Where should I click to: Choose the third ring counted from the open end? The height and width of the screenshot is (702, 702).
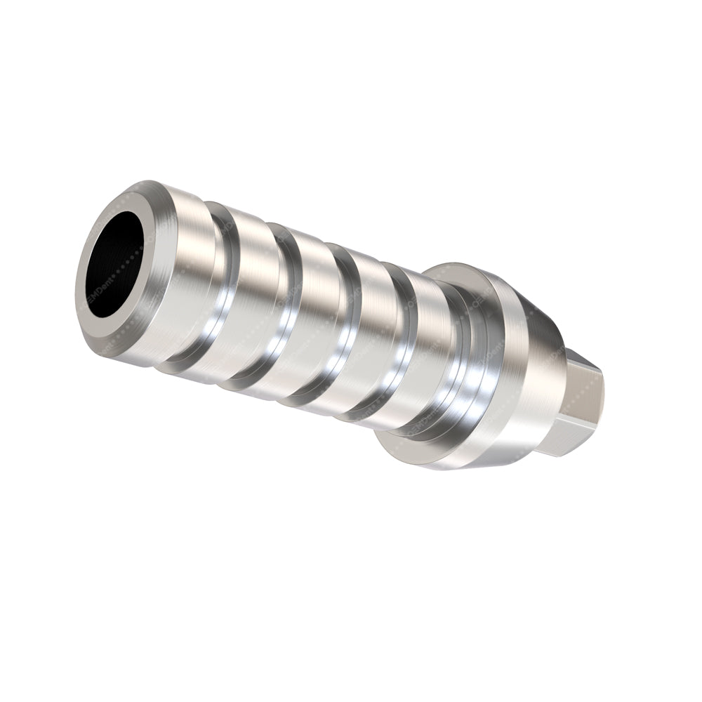[309, 326]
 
